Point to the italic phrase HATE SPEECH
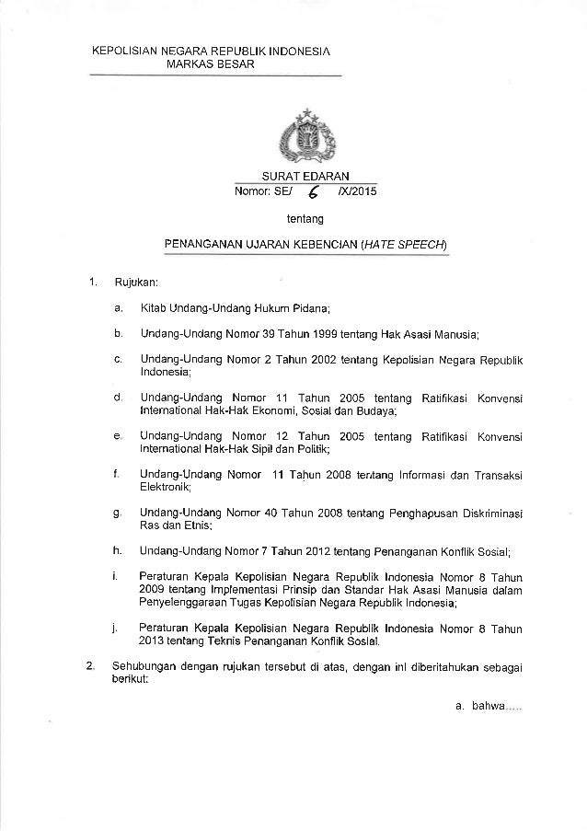tap(404, 246)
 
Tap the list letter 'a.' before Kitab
tap(119, 306)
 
